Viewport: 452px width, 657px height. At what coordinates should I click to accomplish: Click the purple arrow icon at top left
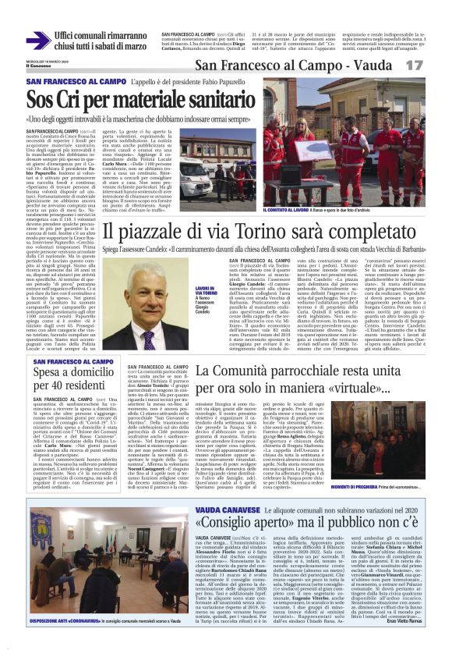tap(37, 40)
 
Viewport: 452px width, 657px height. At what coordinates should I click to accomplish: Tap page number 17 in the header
tap(433, 66)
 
